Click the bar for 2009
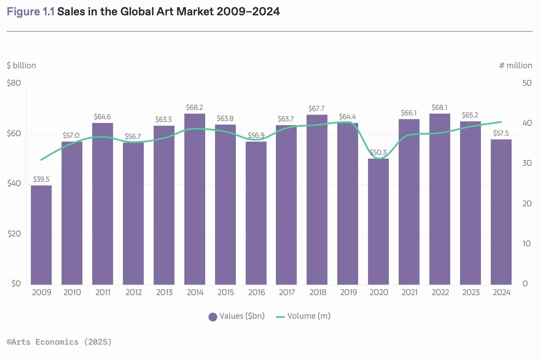pos(41,235)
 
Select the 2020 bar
pos(378,222)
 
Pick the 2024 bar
pos(501,212)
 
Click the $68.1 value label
pos(439,108)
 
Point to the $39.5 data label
pos(41,179)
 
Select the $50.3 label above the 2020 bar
pos(378,152)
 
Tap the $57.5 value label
pos(501,133)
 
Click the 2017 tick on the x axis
pos(287,292)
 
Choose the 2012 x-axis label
pos(133,292)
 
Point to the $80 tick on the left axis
pos(14,83)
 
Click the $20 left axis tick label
pos(14,234)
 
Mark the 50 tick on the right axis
pos(527,83)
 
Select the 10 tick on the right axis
pos(526,243)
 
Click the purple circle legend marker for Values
pos(213,317)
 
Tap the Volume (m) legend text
pos(309,316)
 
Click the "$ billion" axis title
pos(21,65)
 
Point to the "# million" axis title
pos(515,65)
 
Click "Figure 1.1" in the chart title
pos(31,11)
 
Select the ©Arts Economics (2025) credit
pos(59,342)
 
